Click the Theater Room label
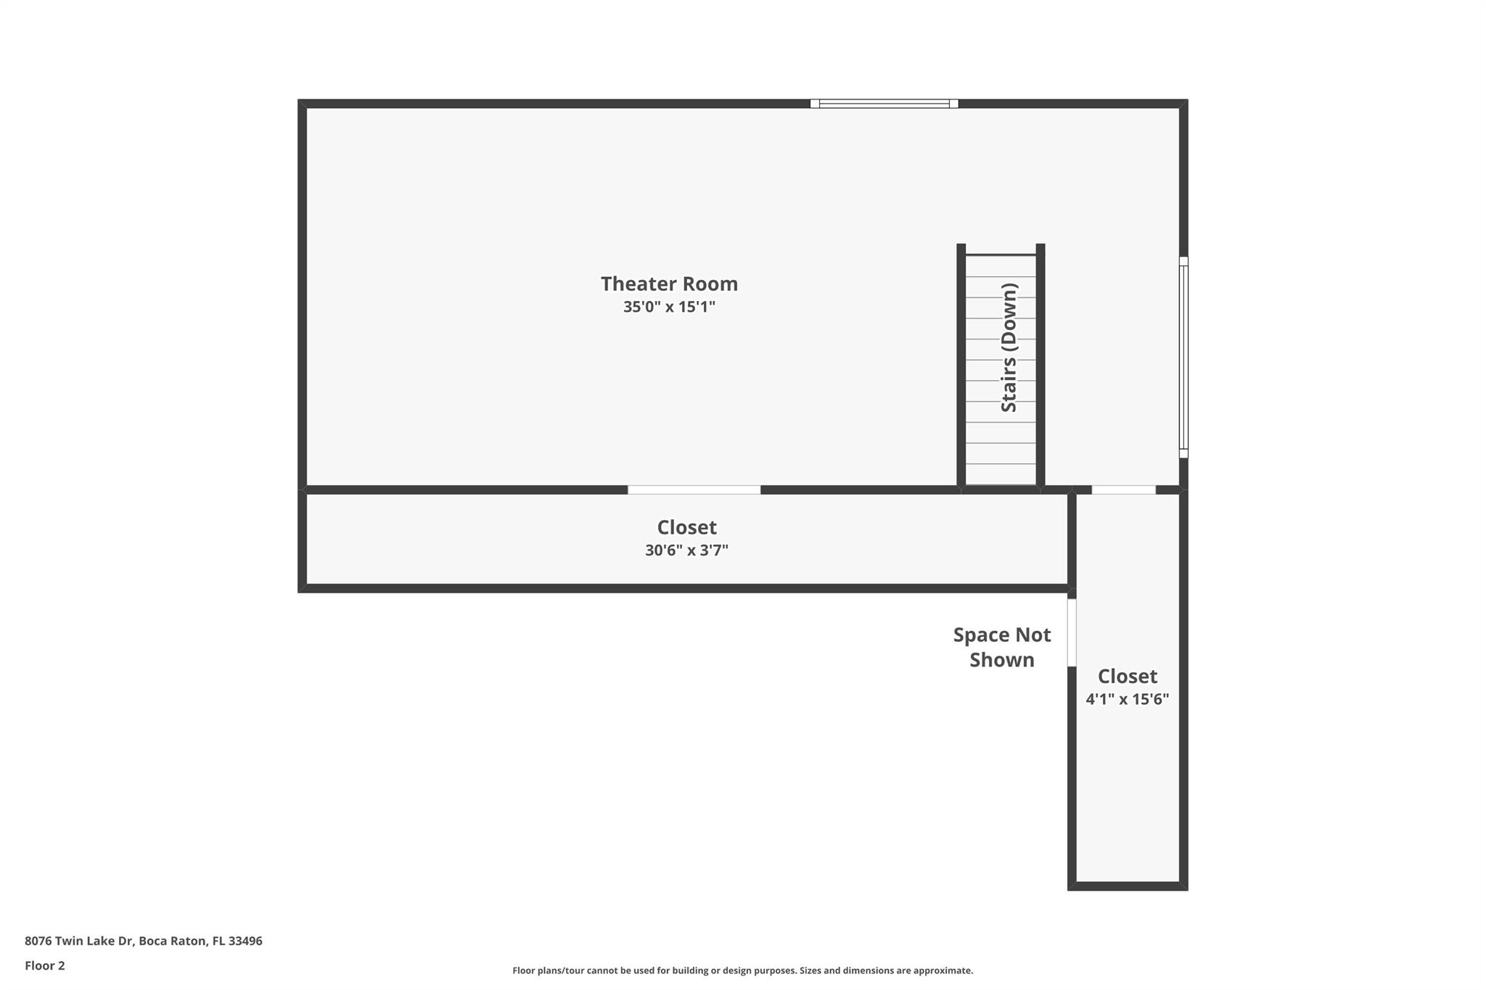tap(669, 284)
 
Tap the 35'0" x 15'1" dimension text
tap(669, 307)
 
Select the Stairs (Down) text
tap(1009, 348)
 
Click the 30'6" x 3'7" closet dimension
tap(686, 550)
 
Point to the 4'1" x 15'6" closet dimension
tap(1127, 699)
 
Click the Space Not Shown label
tap(1001, 647)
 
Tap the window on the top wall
tap(884, 104)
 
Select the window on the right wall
tap(1183, 357)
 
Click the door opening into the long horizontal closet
tap(694, 490)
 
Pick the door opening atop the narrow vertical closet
tap(1123, 490)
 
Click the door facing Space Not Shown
tap(1072, 632)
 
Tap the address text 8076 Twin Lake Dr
tap(80, 941)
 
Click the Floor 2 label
tap(45, 965)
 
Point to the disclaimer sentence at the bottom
tap(742, 970)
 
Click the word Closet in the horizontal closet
tap(686, 527)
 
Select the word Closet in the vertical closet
tap(1127, 676)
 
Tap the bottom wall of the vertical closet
tap(1127, 886)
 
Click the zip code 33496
tap(245, 941)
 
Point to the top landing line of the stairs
tap(1001, 255)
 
